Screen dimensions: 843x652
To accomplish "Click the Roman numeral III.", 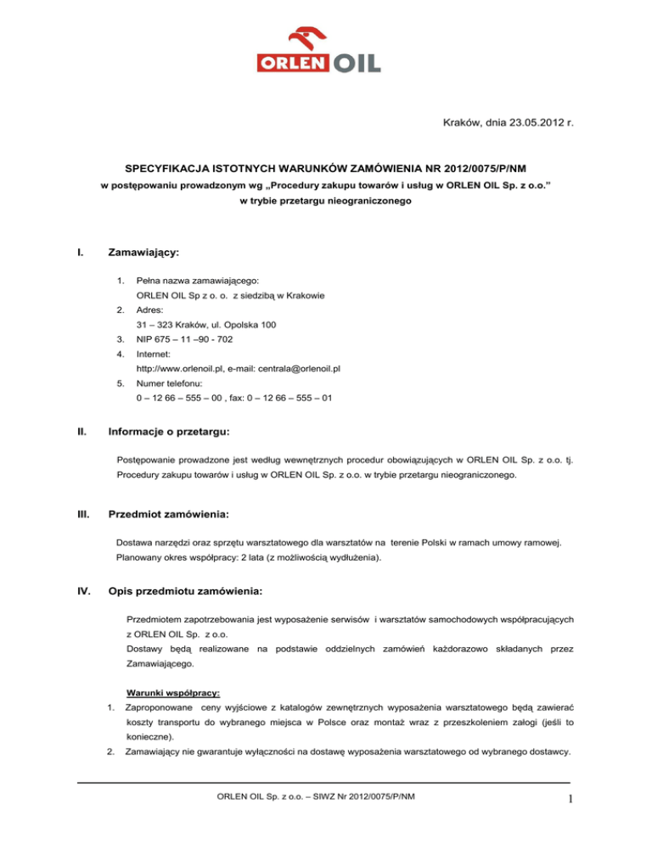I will (85, 514).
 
